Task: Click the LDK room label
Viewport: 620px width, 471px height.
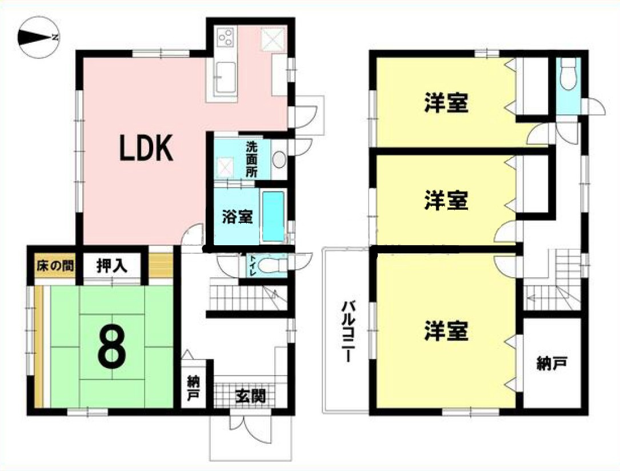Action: (146, 149)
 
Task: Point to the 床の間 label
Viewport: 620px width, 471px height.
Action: (55, 266)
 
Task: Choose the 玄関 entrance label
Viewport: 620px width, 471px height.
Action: (250, 396)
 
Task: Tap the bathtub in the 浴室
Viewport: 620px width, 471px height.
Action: (273, 217)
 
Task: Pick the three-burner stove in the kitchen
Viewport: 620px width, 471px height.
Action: (225, 38)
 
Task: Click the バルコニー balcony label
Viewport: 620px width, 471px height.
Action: (346, 331)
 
